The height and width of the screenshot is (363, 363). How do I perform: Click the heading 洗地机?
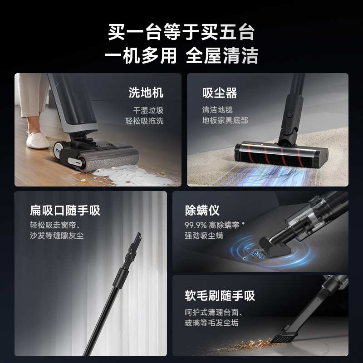(x=146, y=93)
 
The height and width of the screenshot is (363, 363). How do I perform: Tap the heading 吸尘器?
(x=220, y=93)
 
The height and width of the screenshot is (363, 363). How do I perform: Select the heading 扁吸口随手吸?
(x=65, y=211)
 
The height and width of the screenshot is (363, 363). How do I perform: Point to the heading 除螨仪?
(x=202, y=211)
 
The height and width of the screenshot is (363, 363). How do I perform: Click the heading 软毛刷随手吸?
(x=220, y=296)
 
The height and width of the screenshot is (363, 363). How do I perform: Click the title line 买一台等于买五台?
(x=181, y=33)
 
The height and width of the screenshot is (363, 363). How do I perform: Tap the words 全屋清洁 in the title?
(x=222, y=56)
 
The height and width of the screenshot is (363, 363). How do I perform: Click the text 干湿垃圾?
(x=148, y=110)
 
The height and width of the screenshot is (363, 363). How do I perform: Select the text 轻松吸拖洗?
(x=144, y=121)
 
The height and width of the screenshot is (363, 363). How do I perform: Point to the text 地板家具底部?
(x=225, y=121)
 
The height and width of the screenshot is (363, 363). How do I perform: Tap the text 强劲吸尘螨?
(x=204, y=236)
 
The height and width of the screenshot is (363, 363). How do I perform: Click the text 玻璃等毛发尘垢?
(x=211, y=323)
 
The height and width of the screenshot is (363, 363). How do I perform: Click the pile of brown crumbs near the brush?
(x=247, y=346)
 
